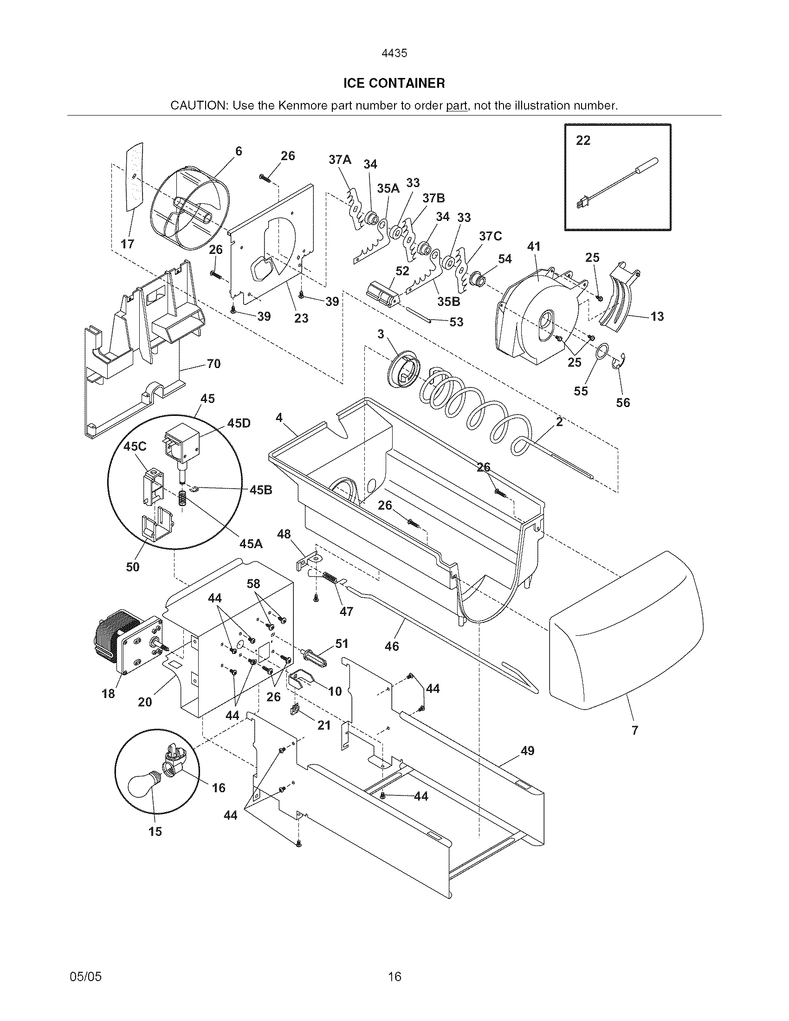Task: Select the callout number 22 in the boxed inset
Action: coord(583,140)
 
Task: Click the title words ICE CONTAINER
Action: coord(394,84)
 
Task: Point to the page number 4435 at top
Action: coord(394,53)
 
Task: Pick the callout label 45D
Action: coord(239,423)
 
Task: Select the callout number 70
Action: coord(213,363)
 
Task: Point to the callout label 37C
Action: coord(490,236)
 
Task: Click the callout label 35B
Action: coord(449,302)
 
